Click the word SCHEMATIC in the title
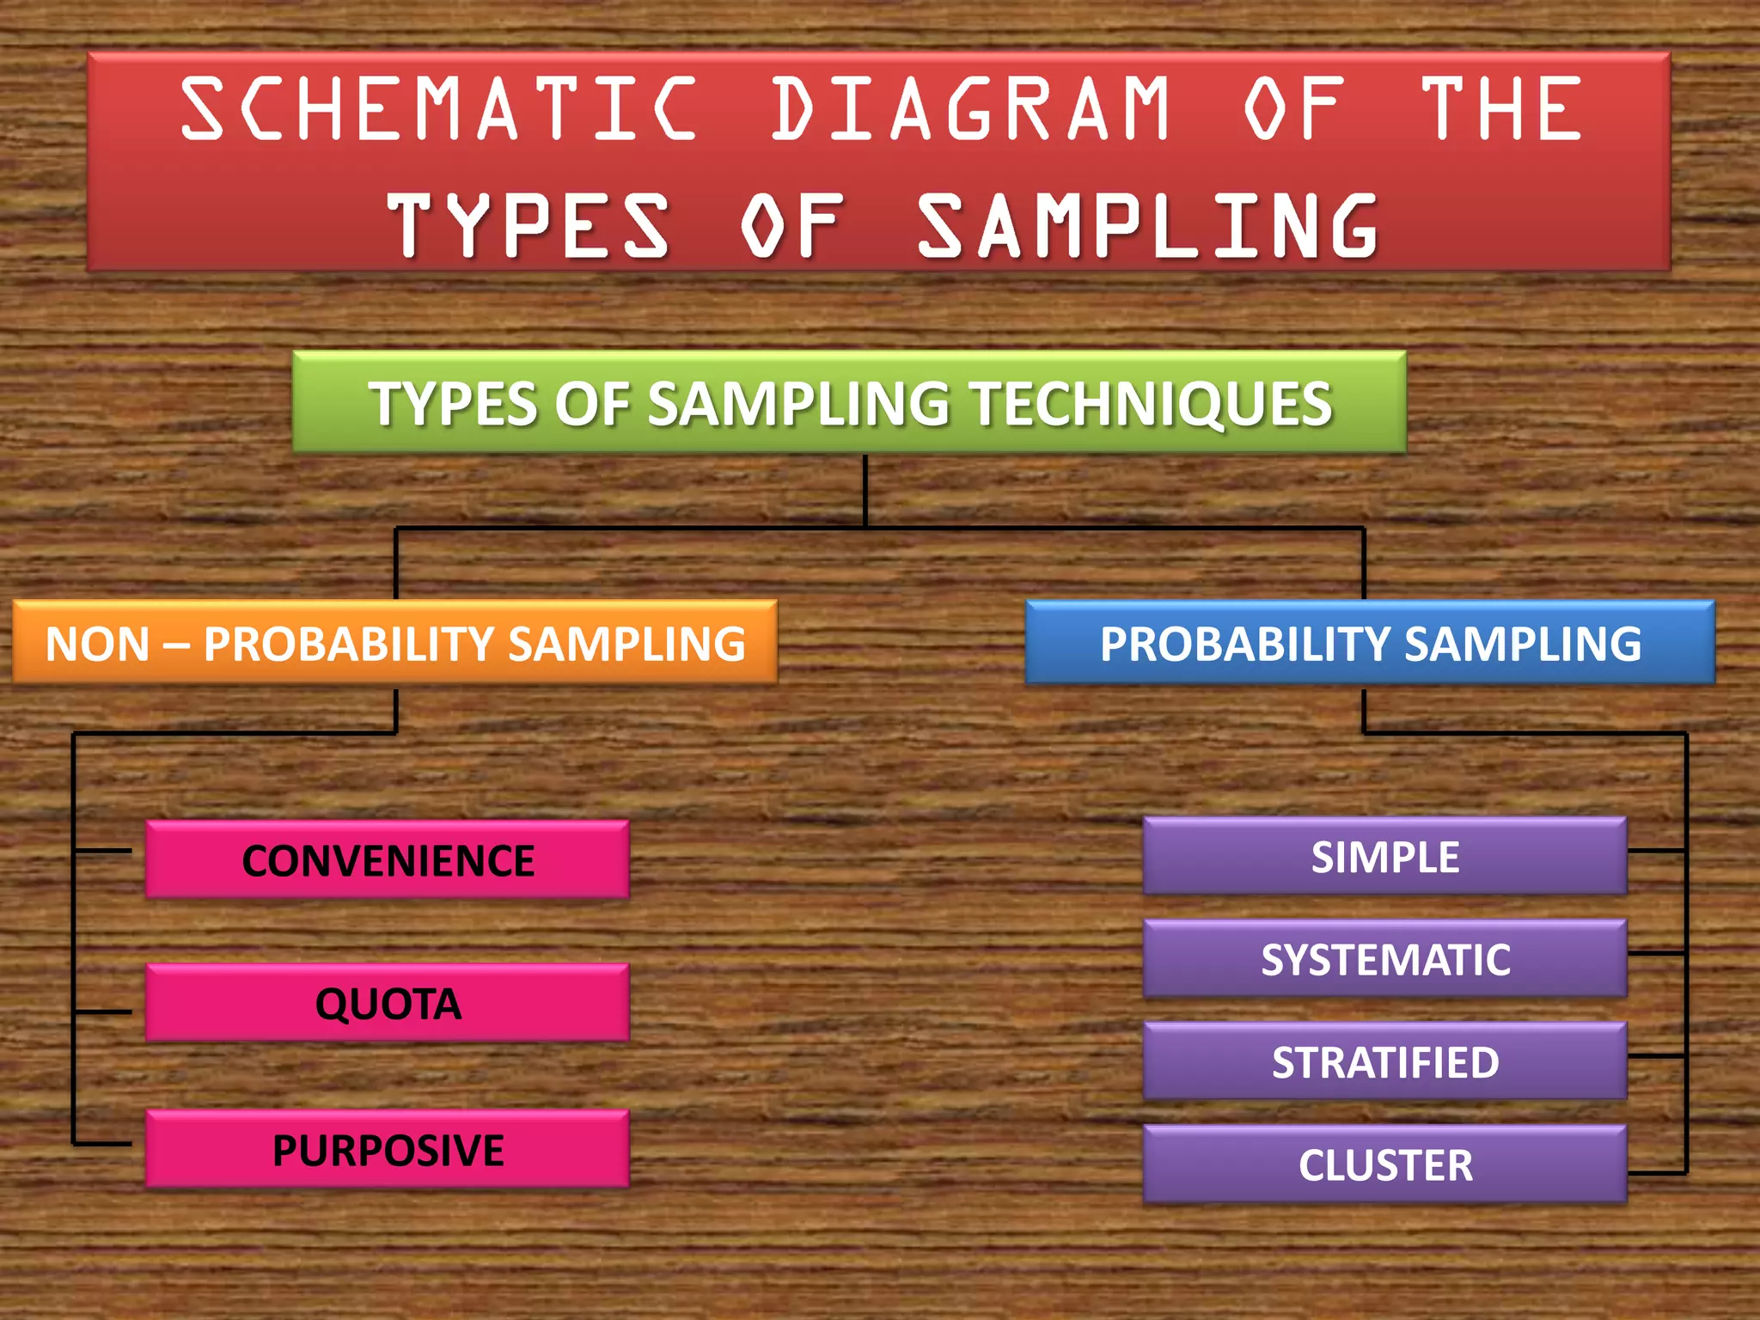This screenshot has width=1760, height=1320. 438,108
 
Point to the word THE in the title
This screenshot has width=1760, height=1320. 1501,108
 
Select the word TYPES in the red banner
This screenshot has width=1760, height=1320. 528,225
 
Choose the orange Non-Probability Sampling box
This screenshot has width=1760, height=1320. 395,643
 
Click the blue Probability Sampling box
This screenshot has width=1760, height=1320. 1370,643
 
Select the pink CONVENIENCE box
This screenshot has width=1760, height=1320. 388,860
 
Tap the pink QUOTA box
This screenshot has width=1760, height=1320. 388,1003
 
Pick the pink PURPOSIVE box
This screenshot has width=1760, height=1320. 388,1149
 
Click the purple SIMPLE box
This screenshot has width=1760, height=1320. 1384,857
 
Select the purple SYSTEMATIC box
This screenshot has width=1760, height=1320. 1384,959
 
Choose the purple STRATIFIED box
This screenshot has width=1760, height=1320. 1384,1062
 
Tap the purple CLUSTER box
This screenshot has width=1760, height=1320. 1384,1164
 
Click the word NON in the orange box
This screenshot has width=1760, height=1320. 97,644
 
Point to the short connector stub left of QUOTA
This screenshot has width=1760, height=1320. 103,1011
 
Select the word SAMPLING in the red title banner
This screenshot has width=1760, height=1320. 1148,225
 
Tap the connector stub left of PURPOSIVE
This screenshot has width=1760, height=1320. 103,1144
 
